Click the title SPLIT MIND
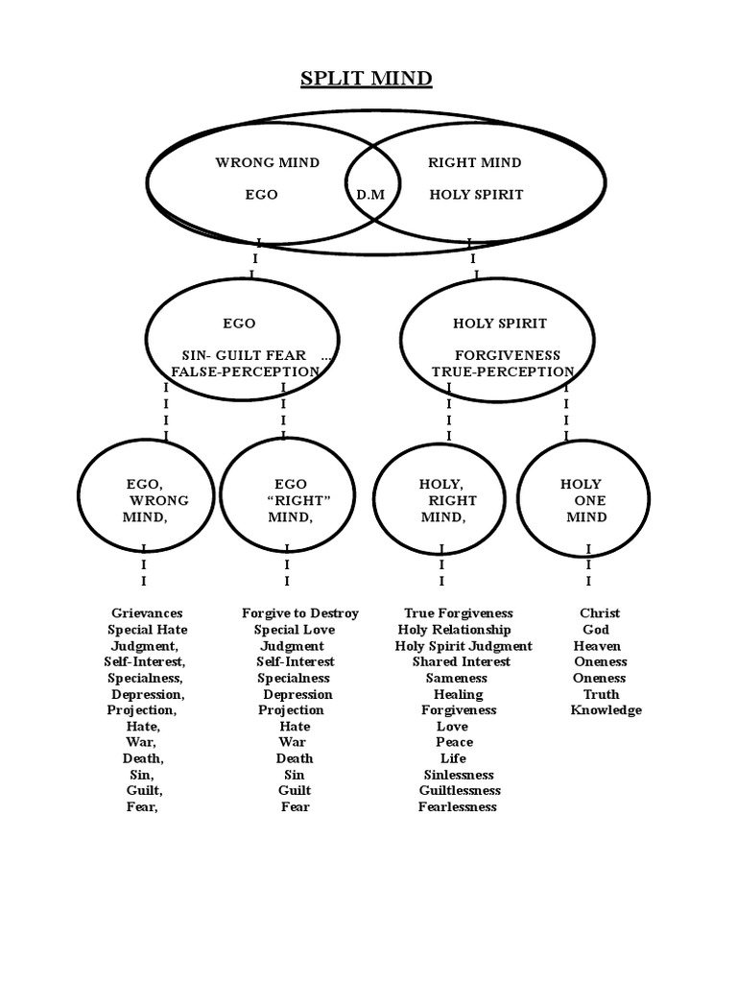[x=367, y=79]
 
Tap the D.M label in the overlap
[x=370, y=195]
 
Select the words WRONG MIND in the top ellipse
[x=268, y=162]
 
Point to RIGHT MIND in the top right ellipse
[x=475, y=162]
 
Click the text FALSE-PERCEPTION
[x=245, y=372]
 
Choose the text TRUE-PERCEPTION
[x=503, y=372]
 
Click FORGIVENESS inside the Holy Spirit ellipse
[x=508, y=355]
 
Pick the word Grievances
[x=147, y=613]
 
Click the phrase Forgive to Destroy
[x=300, y=613]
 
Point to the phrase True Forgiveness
[x=459, y=613]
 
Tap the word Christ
[x=600, y=613]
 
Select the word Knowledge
[x=606, y=710]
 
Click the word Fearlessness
[x=458, y=807]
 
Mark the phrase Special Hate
[x=147, y=630]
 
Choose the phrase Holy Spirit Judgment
[x=464, y=646]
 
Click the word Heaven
[x=597, y=646]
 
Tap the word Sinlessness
[x=459, y=775]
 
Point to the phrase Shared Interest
[x=462, y=662]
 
